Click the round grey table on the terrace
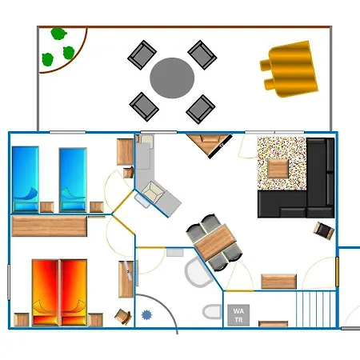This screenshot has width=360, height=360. pyautogui.click(x=172, y=78)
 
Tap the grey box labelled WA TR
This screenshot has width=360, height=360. pyautogui.click(x=238, y=315)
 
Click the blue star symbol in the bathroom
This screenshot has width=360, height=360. pyautogui.click(x=146, y=315)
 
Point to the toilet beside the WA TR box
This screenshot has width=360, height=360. pyautogui.click(x=212, y=312)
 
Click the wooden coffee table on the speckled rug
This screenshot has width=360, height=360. pyautogui.click(x=278, y=169)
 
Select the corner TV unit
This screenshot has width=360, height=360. pyautogui.click(x=210, y=145)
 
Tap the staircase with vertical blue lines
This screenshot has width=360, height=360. pyautogui.click(x=316, y=309)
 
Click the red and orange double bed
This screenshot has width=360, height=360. pyautogui.click(x=59, y=293)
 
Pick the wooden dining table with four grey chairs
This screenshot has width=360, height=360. pyautogui.click(x=215, y=242)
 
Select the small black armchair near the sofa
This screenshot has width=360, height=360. pyautogui.click(x=324, y=230)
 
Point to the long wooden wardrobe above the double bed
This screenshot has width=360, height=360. pyautogui.click(x=50, y=226)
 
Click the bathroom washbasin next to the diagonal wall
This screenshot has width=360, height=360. pyautogui.click(x=198, y=272)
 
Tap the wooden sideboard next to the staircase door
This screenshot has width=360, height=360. pyautogui.click(x=278, y=282)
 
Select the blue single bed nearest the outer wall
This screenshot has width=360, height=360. pyautogui.click(x=26, y=179)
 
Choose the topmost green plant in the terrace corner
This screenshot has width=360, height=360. pyautogui.click(x=58, y=34)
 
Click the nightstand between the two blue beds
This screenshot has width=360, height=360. pyautogui.click(x=47, y=207)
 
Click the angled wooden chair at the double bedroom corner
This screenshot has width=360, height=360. pyautogui.click(x=123, y=317)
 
